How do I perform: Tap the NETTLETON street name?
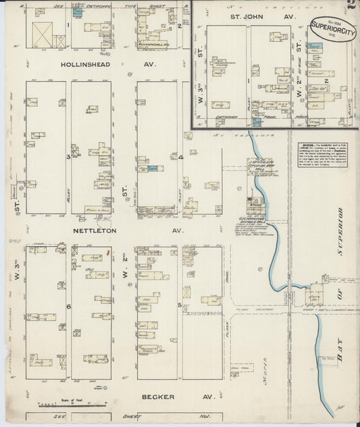pos(91,230)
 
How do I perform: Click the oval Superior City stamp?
pos(332,28)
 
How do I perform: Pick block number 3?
pos(68,157)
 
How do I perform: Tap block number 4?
pos(181,157)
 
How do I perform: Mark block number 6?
pos(68,305)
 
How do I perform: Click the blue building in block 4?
pos(153,168)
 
